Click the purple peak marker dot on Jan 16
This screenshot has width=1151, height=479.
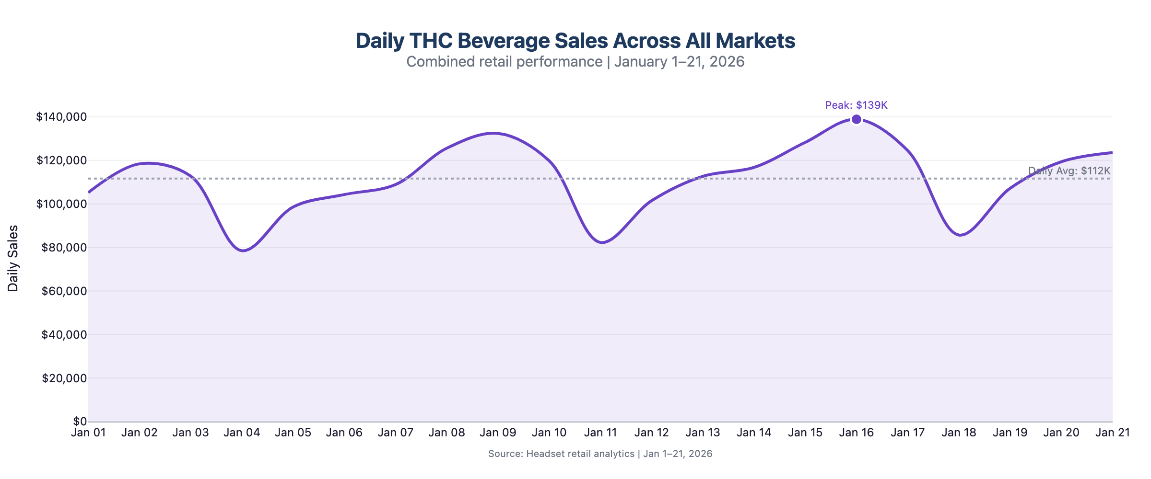[x=857, y=119]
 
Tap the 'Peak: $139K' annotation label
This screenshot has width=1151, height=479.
[x=857, y=105]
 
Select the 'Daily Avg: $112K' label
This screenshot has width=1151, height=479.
[x=1069, y=171]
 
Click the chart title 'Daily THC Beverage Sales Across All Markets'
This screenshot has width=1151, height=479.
[x=575, y=41]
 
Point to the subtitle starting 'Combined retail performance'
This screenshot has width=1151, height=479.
[x=575, y=62]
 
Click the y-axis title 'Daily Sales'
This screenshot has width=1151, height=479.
[x=13, y=258]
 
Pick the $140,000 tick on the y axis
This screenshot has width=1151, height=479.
[x=61, y=117]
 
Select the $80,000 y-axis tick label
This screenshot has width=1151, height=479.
[x=64, y=248]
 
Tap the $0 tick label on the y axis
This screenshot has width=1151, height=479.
[x=80, y=422]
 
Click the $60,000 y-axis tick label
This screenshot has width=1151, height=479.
[x=64, y=291]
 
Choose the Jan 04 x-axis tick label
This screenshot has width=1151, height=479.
[x=242, y=433]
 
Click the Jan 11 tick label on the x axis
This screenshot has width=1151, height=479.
[x=600, y=433]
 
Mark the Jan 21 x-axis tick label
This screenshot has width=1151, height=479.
[x=1113, y=433]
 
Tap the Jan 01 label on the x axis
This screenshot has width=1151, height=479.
[x=89, y=433]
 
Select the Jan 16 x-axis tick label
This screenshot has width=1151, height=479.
[x=857, y=433]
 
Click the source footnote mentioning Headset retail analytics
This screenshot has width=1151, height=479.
[x=600, y=454]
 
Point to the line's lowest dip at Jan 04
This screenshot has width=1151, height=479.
[x=243, y=251]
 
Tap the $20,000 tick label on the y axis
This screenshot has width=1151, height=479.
[x=64, y=378]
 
